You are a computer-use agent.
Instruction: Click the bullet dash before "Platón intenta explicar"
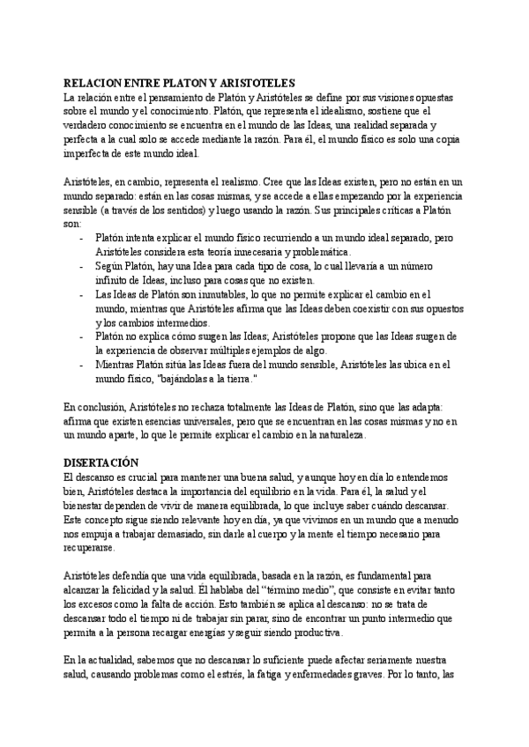tap(82, 238)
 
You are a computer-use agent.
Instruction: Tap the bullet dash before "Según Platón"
tap(82, 266)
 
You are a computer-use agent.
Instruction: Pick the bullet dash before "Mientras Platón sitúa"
tap(82, 365)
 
